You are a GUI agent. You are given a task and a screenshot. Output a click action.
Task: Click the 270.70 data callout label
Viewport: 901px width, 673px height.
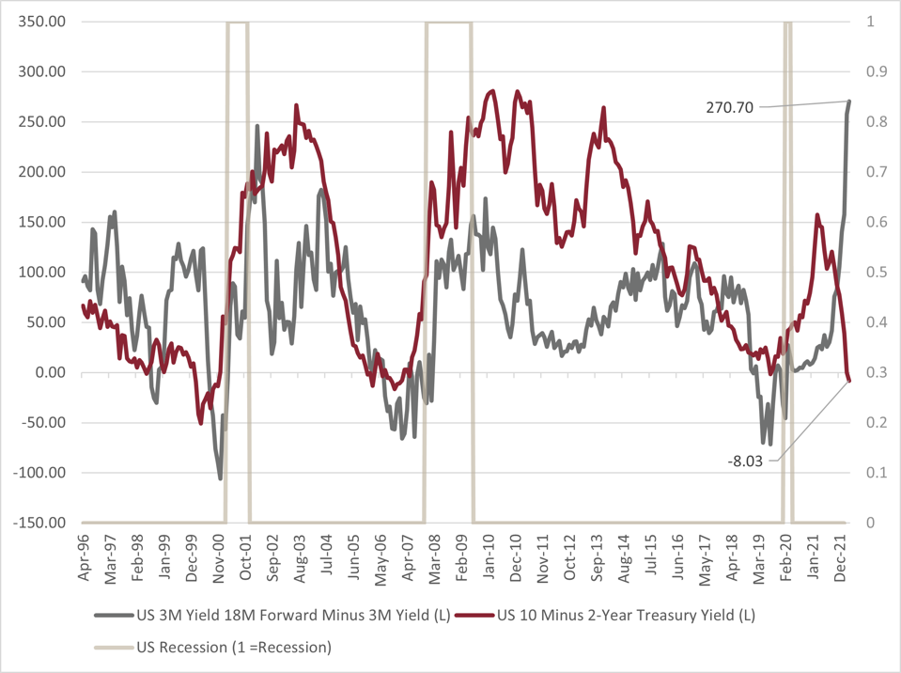729,107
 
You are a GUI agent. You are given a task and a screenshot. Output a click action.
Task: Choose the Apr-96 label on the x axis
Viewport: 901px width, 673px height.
84,560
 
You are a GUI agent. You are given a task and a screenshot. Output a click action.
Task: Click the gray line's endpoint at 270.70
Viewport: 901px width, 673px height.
849,102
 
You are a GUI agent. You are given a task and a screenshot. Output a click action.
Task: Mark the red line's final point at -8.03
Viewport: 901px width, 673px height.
849,380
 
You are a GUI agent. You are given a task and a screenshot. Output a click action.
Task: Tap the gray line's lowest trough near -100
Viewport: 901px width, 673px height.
221,478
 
